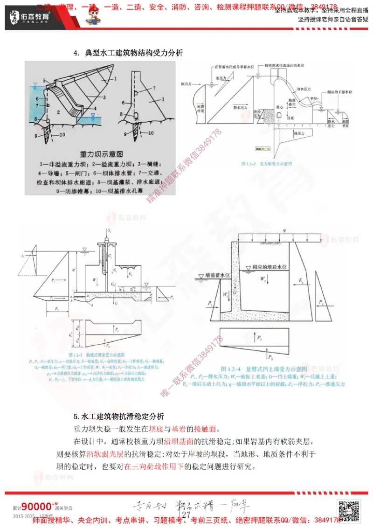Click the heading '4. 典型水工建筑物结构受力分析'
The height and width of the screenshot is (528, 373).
pyautogui.click(x=128, y=53)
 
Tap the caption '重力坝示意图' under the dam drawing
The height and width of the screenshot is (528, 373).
pyautogui.click(x=101, y=153)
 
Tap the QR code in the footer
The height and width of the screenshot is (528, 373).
pyautogui.click(x=349, y=511)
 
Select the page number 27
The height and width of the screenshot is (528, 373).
pyautogui.click(x=186, y=515)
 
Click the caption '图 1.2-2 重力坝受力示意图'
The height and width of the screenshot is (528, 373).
pyautogui.click(x=266, y=165)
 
